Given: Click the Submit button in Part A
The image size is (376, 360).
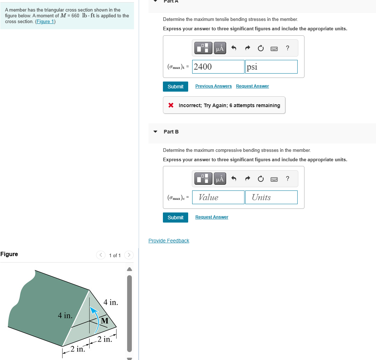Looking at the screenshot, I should pyautogui.click(x=176, y=87).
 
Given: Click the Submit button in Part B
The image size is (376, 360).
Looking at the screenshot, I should pyautogui.click(x=176, y=218).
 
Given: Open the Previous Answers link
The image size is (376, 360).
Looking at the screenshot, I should pyautogui.click(x=213, y=86).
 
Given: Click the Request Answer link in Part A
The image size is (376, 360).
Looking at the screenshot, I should pyautogui.click(x=252, y=86).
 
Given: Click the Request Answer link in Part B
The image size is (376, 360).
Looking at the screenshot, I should pyautogui.click(x=212, y=217).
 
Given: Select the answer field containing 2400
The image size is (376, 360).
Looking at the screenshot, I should pyautogui.click(x=218, y=67).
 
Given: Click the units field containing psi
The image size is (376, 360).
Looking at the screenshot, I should pyautogui.click(x=271, y=67).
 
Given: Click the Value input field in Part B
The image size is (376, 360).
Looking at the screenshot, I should pyautogui.click(x=218, y=197).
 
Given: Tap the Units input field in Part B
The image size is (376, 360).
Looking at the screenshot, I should pyautogui.click(x=271, y=197).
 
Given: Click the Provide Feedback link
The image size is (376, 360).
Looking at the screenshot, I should pyautogui.click(x=169, y=241).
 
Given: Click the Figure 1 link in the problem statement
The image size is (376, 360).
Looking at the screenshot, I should pyautogui.click(x=45, y=22).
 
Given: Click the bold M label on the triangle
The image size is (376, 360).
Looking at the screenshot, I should pyautogui.click(x=105, y=321).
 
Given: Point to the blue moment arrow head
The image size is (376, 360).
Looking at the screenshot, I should pyautogui.click(x=94, y=309).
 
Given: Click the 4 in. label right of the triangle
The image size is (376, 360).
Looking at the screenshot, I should pyautogui.click(x=111, y=302).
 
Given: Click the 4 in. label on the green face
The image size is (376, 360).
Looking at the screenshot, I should pyautogui.click(x=65, y=316).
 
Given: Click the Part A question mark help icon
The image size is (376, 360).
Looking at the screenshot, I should pyautogui.click(x=288, y=48).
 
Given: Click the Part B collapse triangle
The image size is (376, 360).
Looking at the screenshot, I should pyautogui.click(x=155, y=132).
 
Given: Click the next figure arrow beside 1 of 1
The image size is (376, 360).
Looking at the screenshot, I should pyautogui.click(x=129, y=255).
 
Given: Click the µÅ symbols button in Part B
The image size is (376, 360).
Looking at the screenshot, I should pyautogui.click(x=220, y=179).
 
